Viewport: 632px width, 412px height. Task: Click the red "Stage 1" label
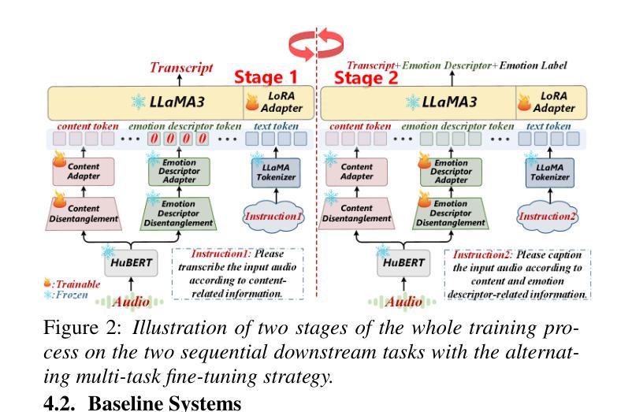pyautogui.click(x=266, y=77)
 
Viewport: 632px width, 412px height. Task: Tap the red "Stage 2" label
pyautogui.click(x=366, y=78)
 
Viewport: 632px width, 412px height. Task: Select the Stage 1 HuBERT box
pyautogui.click(x=131, y=263)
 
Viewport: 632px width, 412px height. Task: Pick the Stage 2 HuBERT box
pyautogui.click(x=403, y=263)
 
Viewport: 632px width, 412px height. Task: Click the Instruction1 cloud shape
pyautogui.click(x=273, y=217)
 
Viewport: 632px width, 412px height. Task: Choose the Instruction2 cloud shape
pyautogui.click(x=548, y=217)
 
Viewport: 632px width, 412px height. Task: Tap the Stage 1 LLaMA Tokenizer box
pyautogui.click(x=276, y=173)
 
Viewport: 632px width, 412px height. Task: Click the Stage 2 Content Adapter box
pyautogui.click(x=357, y=172)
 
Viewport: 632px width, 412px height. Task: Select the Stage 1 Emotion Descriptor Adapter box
pyautogui.click(x=180, y=172)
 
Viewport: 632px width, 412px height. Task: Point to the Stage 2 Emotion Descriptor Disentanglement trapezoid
pyautogui.click(x=451, y=213)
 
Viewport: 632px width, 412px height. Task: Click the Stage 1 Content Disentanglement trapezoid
pyautogui.click(x=84, y=213)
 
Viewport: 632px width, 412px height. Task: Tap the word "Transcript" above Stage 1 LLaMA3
pyautogui.click(x=181, y=67)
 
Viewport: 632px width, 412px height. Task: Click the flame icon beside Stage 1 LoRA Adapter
pyautogui.click(x=252, y=102)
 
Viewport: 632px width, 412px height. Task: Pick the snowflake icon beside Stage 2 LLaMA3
pyautogui.click(x=412, y=102)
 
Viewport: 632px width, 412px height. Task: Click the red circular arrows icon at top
pyautogui.click(x=317, y=43)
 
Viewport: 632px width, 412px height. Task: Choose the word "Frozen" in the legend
pyautogui.click(x=72, y=295)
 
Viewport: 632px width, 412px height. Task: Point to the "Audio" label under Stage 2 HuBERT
pyautogui.click(x=403, y=301)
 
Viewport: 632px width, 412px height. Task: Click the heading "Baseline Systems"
pyautogui.click(x=165, y=403)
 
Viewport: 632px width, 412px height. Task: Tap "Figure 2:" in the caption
pyautogui.click(x=82, y=328)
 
